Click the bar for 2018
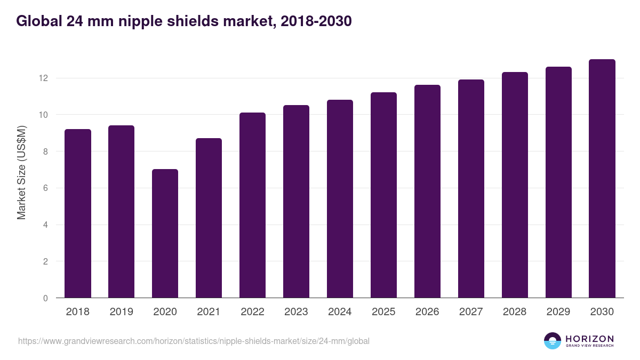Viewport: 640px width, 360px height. coord(78,213)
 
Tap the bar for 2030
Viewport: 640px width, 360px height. coord(602,179)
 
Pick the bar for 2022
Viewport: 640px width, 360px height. coord(252,205)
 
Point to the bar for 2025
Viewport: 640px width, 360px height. coord(383,195)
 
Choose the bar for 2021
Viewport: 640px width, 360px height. coord(209,218)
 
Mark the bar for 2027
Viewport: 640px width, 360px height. coord(471,189)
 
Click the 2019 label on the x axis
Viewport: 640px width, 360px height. coord(121,312)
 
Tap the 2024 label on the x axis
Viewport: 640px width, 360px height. coord(340,312)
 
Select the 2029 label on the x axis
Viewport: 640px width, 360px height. coord(558,312)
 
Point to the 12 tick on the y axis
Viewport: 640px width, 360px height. coord(43,78)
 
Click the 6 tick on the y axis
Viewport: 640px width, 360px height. coord(45,188)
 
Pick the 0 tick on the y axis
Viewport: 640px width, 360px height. coord(45,298)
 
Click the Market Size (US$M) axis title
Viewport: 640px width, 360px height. coord(21,172)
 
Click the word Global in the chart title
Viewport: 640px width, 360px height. coord(39,21)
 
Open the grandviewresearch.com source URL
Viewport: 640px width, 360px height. coord(194,341)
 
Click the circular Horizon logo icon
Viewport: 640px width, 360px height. coord(553,341)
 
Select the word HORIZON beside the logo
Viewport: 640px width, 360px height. coord(589,339)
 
